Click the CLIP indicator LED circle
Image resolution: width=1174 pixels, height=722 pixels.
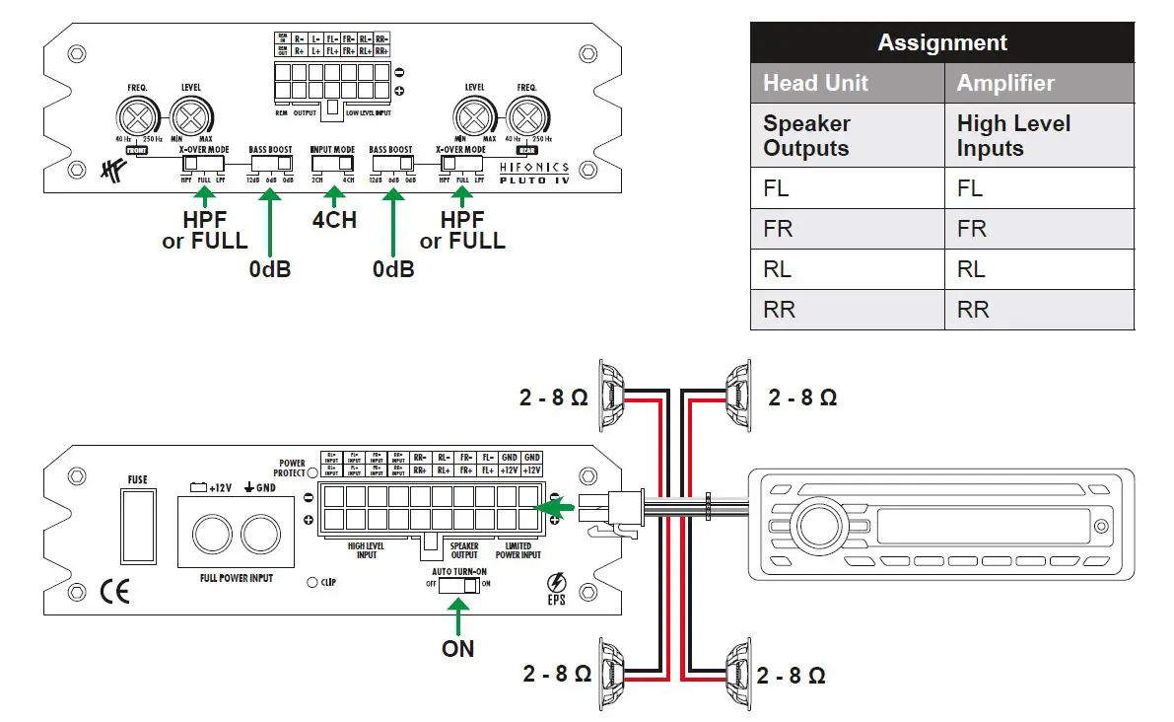[x=311, y=582]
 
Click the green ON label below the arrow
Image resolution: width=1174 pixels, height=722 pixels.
[x=457, y=648]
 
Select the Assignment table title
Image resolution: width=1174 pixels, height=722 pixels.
[x=941, y=43]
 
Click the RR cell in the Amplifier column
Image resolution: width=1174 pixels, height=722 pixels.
[x=973, y=310]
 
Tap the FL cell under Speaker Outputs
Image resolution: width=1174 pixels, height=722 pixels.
[x=778, y=187]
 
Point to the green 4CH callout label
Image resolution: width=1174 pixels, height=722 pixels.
[x=334, y=219]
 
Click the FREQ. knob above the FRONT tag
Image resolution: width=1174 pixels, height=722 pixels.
[x=138, y=121]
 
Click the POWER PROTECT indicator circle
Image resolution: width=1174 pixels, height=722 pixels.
[x=311, y=472]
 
